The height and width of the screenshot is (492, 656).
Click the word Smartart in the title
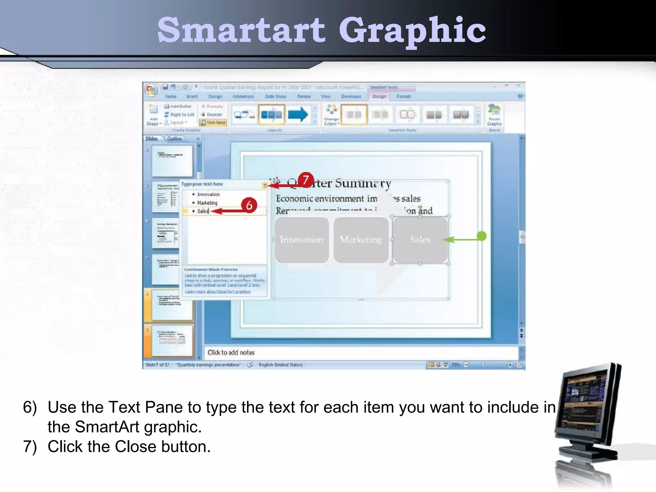tap(241, 30)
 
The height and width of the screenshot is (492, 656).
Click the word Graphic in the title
tap(412, 31)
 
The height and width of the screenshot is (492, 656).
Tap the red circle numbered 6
tap(249, 205)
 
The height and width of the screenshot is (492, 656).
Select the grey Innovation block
tap(302, 240)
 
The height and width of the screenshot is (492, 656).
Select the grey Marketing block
tap(361, 240)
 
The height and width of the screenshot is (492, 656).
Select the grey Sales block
tap(420, 240)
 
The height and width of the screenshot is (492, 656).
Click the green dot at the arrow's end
tap(481, 236)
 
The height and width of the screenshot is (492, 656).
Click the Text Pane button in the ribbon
tap(213, 122)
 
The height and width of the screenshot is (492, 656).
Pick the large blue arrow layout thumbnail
tap(298, 115)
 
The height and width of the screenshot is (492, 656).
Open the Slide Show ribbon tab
tap(275, 96)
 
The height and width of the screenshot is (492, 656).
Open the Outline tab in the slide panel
tap(174, 139)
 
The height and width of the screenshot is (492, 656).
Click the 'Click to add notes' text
tap(231, 352)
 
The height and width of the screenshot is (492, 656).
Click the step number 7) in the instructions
tap(30, 447)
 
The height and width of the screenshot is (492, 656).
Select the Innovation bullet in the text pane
tap(208, 194)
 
